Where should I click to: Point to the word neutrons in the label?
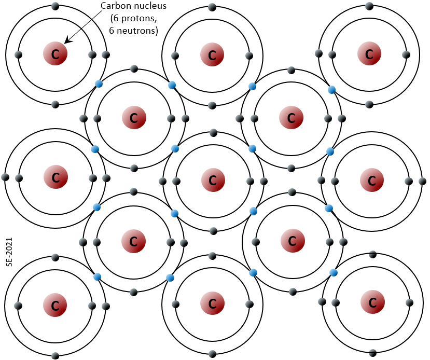pos(137,31)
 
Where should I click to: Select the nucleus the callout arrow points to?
pos(55,54)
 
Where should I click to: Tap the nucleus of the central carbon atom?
pos(213,180)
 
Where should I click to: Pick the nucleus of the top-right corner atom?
pos(369,54)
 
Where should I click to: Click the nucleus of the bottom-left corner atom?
pos(55,305)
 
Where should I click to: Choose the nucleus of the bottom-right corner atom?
pos(372,302)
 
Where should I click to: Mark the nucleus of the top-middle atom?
pos(212,54)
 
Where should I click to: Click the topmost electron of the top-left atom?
pos(55,6)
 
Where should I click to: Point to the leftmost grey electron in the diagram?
pos(5,177)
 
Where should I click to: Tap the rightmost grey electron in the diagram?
pos(423,181)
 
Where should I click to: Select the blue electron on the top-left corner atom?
pos(99,84)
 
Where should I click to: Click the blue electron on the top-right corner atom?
pos(332,90)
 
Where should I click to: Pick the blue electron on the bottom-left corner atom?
pos(98,276)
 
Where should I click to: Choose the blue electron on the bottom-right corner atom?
pos(334,272)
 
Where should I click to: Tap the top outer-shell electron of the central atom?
pos(213,133)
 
